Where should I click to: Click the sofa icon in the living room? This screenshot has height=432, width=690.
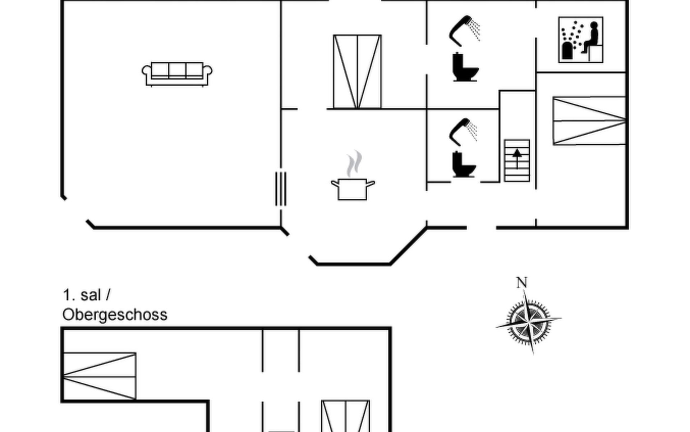[x=177, y=74]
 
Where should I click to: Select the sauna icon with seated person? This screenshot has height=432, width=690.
[x=581, y=40]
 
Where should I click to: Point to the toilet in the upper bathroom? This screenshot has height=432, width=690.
[x=465, y=67]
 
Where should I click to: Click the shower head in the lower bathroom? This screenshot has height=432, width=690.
[x=463, y=131]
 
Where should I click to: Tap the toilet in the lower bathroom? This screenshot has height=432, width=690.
[x=464, y=165]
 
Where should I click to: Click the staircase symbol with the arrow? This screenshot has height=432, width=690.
[x=517, y=161]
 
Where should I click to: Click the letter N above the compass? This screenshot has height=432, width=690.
[x=522, y=283]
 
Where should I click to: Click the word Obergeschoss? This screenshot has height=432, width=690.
[x=115, y=315]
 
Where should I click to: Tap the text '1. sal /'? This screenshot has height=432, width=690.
[x=87, y=295]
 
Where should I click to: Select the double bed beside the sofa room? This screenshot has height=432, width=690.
[x=357, y=72]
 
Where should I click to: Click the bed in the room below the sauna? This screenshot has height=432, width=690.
[x=589, y=121]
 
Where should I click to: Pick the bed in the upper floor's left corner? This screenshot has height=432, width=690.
[x=100, y=376]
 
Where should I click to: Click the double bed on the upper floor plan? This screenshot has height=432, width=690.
[x=345, y=416]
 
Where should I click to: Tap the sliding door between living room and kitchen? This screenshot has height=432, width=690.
[x=281, y=189]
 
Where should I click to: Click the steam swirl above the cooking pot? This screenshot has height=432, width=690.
[x=354, y=164]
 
